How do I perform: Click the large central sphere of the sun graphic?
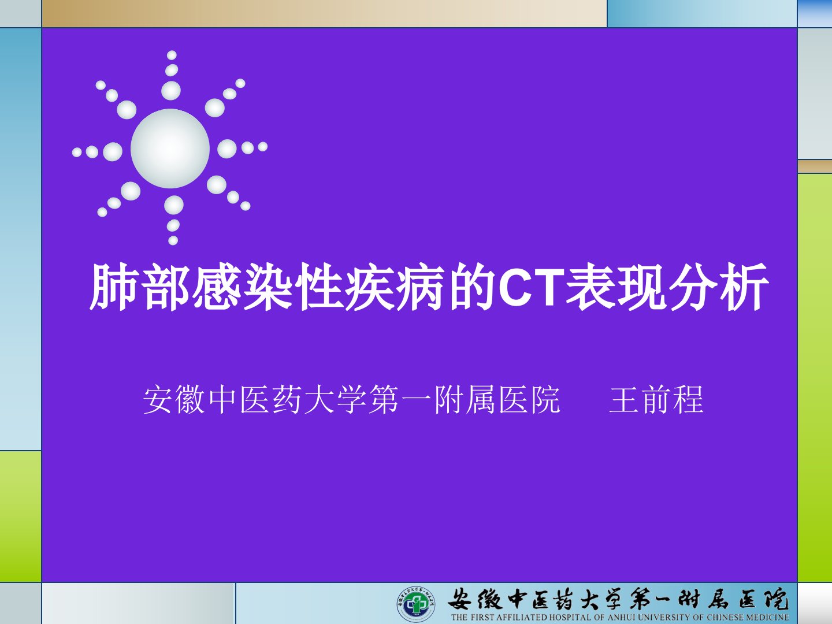(170, 148)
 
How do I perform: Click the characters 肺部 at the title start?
(140, 288)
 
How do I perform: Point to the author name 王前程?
(656, 400)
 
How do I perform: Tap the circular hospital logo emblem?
(416, 604)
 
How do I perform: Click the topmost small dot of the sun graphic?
(172, 55)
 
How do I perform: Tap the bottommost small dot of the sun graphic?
(173, 240)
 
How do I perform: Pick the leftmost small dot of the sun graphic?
(77, 153)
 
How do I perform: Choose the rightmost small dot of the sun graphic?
(263, 147)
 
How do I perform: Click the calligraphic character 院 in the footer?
(774, 599)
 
